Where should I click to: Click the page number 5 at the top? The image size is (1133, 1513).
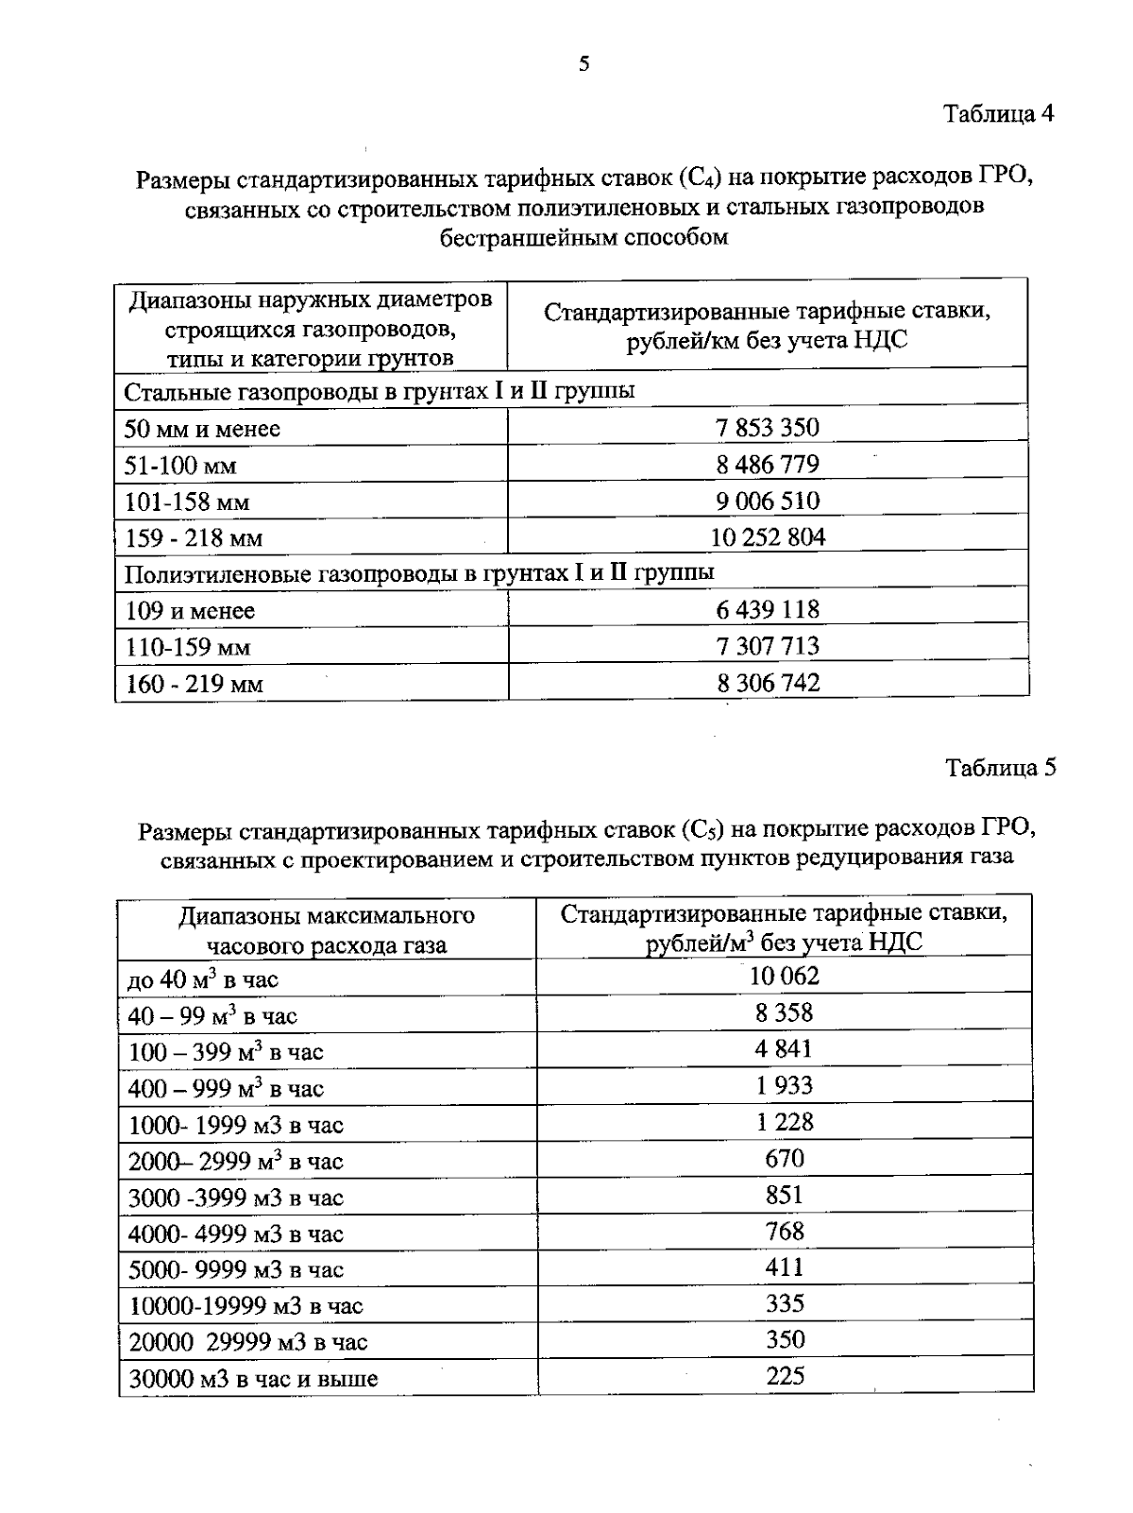[x=584, y=64]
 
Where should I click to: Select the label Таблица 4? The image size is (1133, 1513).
[x=999, y=114]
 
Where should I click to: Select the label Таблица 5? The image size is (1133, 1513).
[x=1001, y=768]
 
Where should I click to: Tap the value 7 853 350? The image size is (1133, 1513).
[x=768, y=428]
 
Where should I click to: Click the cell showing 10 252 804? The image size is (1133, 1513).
[x=768, y=537]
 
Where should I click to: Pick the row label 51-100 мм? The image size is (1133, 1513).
[x=180, y=466]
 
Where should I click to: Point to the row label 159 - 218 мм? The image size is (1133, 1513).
[x=194, y=538]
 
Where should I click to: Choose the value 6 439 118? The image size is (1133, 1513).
[x=768, y=610]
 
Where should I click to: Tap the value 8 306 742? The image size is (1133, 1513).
[x=768, y=683]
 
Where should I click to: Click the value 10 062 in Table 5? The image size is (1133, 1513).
[x=784, y=976]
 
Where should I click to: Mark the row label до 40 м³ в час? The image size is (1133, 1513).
[x=203, y=979]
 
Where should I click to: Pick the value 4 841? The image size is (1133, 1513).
[x=784, y=1049]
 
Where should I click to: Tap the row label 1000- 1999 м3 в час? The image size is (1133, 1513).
[x=236, y=1125]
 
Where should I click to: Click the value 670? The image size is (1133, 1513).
[x=785, y=1158]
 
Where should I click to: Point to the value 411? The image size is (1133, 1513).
[x=785, y=1267]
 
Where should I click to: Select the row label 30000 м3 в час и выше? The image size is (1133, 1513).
[x=253, y=1379]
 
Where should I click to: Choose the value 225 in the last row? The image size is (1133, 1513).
[x=785, y=1376]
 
